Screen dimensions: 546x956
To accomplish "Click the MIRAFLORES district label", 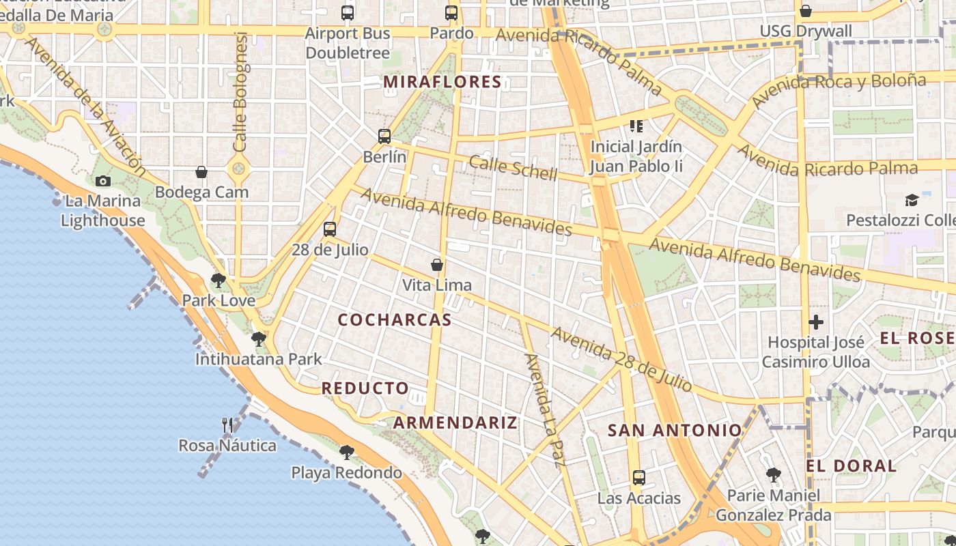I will (442, 82).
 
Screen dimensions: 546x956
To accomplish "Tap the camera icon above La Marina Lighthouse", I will (103, 181).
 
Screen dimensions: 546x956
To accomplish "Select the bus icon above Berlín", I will (384, 136).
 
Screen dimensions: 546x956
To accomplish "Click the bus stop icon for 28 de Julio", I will (330, 229).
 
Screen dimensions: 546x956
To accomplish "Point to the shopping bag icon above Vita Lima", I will (437, 265).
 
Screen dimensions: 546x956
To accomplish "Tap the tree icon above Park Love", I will (219, 280).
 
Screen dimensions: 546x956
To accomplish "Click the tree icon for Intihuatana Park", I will (258, 339).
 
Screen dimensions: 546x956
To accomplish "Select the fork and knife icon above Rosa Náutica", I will (227, 425).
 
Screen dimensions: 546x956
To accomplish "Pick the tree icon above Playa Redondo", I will (347, 452).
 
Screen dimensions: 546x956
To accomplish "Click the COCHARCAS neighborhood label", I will (395, 319).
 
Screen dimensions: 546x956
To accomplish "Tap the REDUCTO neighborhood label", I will (365, 388).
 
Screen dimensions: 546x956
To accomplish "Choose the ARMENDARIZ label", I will (455, 422).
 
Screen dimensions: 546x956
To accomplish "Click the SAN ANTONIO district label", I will (675, 430).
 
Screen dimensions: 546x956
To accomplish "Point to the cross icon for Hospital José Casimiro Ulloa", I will (816, 322).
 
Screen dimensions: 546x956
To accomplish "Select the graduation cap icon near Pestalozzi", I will (912, 200).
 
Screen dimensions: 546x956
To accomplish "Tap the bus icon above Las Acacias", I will (639, 478).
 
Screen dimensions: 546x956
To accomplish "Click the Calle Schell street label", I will (514, 167).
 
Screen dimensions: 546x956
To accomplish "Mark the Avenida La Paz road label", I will (544, 409).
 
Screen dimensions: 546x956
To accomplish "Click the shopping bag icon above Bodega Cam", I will (201, 172).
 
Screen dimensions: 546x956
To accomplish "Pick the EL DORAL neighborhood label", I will (851, 466).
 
